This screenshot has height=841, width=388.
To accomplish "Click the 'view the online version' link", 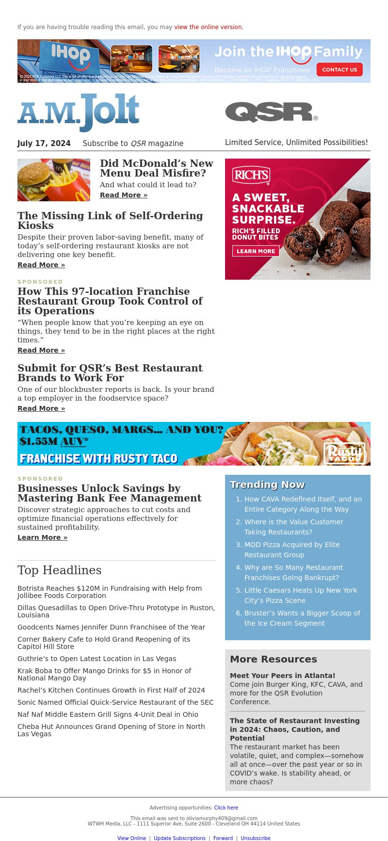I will (209, 27).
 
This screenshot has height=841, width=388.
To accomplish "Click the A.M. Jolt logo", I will (79, 113).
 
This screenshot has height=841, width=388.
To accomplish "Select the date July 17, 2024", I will (44, 144).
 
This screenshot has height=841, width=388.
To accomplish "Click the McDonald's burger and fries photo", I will (54, 180).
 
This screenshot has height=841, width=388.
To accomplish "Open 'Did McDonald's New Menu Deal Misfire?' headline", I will (156, 168).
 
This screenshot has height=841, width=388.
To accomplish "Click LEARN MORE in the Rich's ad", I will (256, 251).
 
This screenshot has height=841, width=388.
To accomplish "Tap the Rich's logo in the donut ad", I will (251, 175).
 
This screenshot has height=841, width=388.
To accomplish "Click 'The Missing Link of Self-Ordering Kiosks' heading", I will (110, 220).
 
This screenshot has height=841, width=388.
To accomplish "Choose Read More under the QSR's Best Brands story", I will (41, 408).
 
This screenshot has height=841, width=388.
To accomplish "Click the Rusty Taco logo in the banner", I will (344, 453).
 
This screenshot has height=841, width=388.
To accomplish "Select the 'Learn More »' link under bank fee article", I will (43, 537).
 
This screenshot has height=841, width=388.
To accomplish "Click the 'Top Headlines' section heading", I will (60, 570).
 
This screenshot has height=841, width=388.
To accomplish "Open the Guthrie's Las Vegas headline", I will (97, 659).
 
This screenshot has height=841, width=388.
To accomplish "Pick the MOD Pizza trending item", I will (291, 550).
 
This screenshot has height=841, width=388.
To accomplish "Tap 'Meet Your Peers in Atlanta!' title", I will (282, 676).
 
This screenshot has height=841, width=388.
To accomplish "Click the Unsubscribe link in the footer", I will (256, 838).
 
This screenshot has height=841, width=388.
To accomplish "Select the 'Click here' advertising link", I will (226, 808).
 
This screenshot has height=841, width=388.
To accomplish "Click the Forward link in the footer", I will (223, 838).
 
